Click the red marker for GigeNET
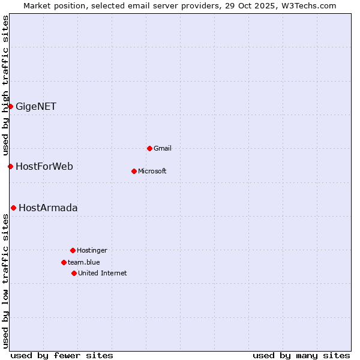pyautogui.click(x=10, y=106)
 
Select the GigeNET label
pyautogui.click(x=36, y=107)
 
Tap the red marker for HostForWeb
pyautogui.click(x=10, y=166)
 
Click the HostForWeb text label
pyautogui.click(x=44, y=166)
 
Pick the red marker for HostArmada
pyautogui.click(x=13, y=208)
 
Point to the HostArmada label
pyautogui.click(x=48, y=208)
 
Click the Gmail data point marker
pyautogui.click(x=149, y=148)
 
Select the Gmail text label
pyautogui.click(x=163, y=148)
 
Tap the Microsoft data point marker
pyautogui.click(x=134, y=171)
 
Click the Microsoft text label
pyautogui.click(x=152, y=171)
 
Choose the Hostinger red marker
pyautogui.click(x=73, y=250)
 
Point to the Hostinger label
pyautogui.click(x=92, y=250)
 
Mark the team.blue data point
pyautogui.click(x=64, y=262)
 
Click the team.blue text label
pyautogui.click(x=84, y=262)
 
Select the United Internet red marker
pyautogui.click(x=74, y=273)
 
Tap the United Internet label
pyautogui.click(x=103, y=273)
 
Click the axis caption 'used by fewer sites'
pyautogui.click(x=62, y=355)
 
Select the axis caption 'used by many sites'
pyautogui.click(x=301, y=355)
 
